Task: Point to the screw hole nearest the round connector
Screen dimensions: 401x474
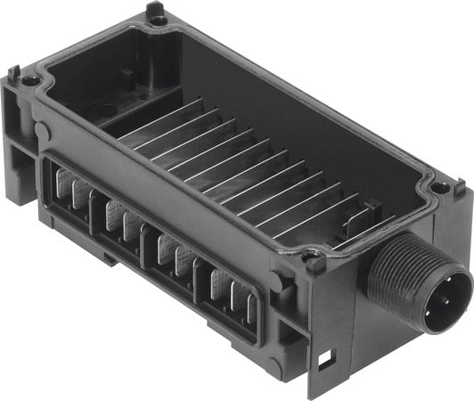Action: [439, 189]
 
